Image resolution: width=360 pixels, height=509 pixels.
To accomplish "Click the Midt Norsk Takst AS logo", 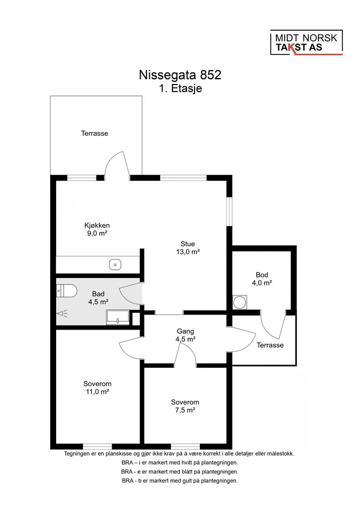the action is pyautogui.click(x=307, y=43).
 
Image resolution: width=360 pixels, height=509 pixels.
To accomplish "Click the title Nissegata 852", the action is pyautogui.click(x=180, y=75).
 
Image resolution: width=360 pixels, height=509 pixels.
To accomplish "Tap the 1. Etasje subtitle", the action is pyautogui.click(x=181, y=88).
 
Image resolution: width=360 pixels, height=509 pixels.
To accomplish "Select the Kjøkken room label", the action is pyautogui.click(x=97, y=225).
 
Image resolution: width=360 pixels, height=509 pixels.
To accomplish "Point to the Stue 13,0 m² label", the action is pyautogui.click(x=188, y=248).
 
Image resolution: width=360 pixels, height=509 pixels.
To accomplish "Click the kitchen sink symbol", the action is pyautogui.click(x=115, y=264).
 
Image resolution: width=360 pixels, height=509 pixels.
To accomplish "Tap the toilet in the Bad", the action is pyautogui.click(x=66, y=291).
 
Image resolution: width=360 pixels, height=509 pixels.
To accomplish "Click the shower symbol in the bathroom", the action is pyautogui.click(x=62, y=313).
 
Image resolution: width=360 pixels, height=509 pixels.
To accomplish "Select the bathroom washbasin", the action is pyautogui.click(x=117, y=317).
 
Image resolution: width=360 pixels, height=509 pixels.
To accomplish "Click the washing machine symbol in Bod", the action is pyautogui.click(x=240, y=302).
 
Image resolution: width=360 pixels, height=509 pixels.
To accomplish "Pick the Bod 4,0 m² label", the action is pyautogui.click(x=262, y=279).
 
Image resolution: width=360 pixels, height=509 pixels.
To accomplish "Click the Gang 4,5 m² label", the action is pyautogui.click(x=185, y=336).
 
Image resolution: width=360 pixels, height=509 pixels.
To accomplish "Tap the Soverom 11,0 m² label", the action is pyautogui.click(x=97, y=388).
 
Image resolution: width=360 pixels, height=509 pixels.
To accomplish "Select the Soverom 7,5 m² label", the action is pyautogui.click(x=185, y=406).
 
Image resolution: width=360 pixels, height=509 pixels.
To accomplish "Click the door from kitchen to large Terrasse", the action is pyautogui.click(x=117, y=165).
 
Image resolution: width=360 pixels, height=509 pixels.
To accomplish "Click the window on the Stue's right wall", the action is pyautogui.click(x=230, y=211).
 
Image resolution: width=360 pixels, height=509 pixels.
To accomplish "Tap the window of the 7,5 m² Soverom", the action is pyautogui.click(x=185, y=447).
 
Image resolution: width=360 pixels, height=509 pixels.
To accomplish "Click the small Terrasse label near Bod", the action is pyautogui.click(x=270, y=345).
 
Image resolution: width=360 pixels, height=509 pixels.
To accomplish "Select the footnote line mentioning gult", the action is pyautogui.click(x=180, y=481).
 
